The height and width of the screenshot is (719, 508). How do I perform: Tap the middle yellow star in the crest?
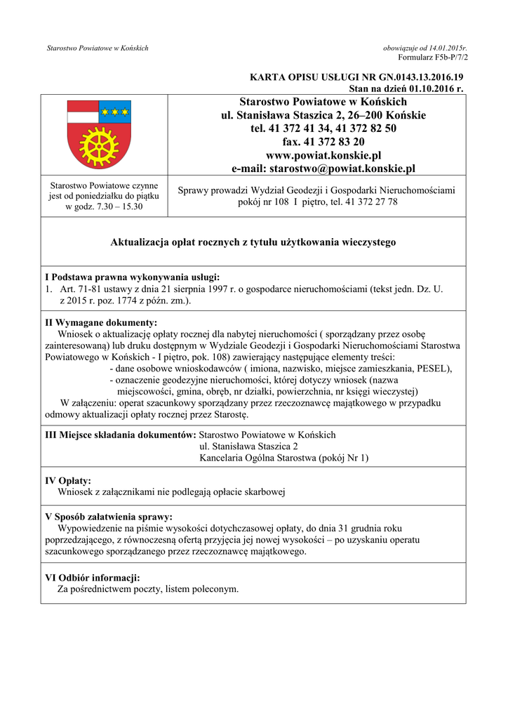tap(115, 110)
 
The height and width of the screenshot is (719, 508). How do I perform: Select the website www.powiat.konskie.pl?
tap(323, 155)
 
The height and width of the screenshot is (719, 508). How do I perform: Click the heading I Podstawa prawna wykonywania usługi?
tap(133, 277)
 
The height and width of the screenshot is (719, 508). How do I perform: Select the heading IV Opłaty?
tap(68, 481)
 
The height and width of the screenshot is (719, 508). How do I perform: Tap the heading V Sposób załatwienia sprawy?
tap(109, 517)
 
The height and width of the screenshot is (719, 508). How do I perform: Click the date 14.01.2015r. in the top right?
tap(443, 48)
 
